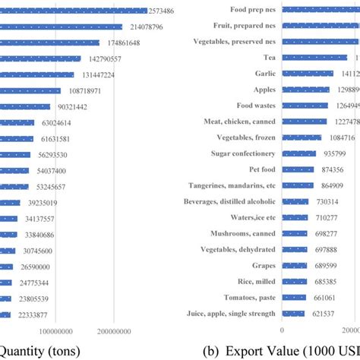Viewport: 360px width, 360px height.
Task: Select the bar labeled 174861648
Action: click(x=49, y=43)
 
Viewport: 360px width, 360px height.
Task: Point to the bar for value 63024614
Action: click(x=17, y=122)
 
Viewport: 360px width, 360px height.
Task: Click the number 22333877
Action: click(x=35, y=314)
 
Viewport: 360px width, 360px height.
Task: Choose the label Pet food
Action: click(x=258, y=169)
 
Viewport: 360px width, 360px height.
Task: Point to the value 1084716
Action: click(x=337, y=138)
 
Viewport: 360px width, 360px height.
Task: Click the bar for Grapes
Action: click(x=294, y=265)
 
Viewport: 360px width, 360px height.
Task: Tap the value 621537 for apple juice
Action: click(x=326, y=313)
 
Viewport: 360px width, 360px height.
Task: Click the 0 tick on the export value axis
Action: click(x=283, y=330)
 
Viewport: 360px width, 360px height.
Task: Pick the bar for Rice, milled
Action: click(x=294, y=281)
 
